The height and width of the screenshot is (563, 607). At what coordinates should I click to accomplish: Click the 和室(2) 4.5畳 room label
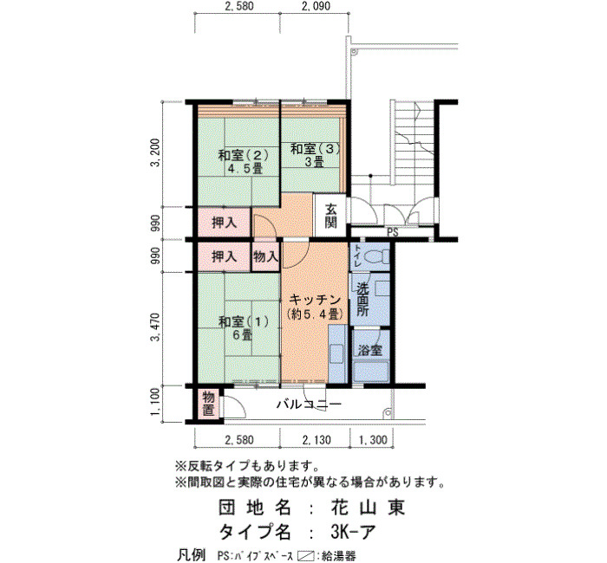pos(243,162)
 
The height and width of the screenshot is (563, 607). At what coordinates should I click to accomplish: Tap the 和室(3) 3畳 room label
pos(315,155)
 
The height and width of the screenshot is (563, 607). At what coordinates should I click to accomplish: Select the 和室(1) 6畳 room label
pos(243,328)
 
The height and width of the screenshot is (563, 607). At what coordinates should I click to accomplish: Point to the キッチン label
pos(315,300)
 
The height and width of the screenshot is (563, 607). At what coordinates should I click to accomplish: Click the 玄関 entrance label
pos(330,216)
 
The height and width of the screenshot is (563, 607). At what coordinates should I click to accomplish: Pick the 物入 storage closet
pos(265,256)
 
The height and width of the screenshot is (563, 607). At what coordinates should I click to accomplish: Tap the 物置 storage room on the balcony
pos(208,404)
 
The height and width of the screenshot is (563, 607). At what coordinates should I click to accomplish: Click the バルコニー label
pos(309,404)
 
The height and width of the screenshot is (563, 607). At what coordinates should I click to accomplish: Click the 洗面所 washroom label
pos(362,300)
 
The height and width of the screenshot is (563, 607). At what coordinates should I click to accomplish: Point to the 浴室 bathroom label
pos(369,350)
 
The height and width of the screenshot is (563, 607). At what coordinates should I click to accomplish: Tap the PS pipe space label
pos(393,233)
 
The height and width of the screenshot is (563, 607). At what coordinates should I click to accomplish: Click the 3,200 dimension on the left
pos(155,152)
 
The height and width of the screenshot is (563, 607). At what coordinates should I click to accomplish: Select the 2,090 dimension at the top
pos(316,6)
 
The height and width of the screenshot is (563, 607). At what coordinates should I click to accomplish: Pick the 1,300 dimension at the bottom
pos(373,440)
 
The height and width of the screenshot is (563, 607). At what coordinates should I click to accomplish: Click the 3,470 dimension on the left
pos(155,327)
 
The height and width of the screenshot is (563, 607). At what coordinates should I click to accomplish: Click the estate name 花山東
pos(368,508)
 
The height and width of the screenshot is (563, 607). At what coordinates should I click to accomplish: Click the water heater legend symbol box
pos(305,556)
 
